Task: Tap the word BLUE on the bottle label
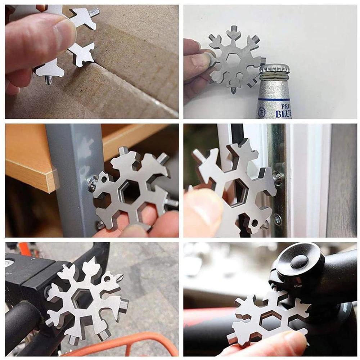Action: tap(283, 114)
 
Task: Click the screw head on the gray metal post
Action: tap(92, 183)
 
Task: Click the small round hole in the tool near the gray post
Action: tap(104, 178)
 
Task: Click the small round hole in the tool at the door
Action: tap(255, 223)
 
